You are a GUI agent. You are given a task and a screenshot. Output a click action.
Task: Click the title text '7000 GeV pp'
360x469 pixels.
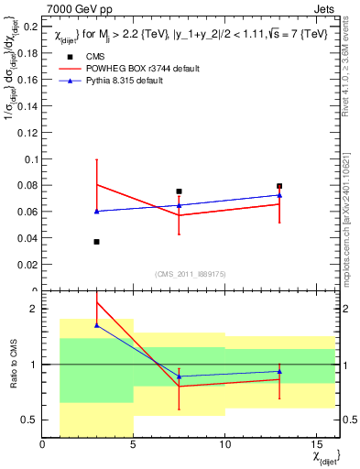click(x=73, y=8)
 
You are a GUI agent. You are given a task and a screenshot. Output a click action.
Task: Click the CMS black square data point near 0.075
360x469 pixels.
click(x=180, y=191)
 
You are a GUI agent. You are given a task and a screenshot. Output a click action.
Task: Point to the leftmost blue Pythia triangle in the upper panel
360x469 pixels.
click(x=97, y=211)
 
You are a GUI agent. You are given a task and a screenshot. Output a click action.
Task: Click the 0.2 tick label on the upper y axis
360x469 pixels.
click(x=30, y=27)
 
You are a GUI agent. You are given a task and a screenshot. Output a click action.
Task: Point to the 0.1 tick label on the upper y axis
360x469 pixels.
click(x=30, y=159)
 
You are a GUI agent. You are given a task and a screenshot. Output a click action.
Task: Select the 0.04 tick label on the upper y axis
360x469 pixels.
click(x=27, y=239)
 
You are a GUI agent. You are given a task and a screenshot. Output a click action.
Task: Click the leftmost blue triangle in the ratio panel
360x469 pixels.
click(x=97, y=325)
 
